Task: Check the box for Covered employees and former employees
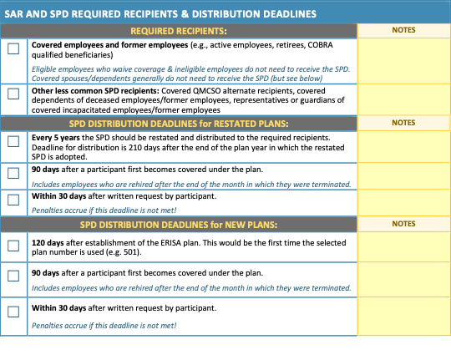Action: tap(13, 48)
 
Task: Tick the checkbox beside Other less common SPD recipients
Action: tap(13, 94)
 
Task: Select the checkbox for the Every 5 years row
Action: tap(13, 141)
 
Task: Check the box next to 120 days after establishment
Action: tap(13, 246)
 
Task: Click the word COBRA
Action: tap(321, 45)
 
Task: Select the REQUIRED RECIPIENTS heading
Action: tap(179, 31)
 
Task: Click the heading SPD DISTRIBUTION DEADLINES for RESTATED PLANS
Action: tap(179, 124)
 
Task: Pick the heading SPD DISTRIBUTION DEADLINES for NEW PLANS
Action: tap(179, 225)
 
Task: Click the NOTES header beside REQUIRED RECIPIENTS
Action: tap(404, 30)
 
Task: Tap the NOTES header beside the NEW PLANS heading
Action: tap(404, 224)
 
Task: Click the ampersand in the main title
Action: tap(185, 14)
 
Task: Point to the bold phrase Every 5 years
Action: tap(55, 138)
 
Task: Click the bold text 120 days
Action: tap(48, 243)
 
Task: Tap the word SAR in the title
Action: tap(14, 14)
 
